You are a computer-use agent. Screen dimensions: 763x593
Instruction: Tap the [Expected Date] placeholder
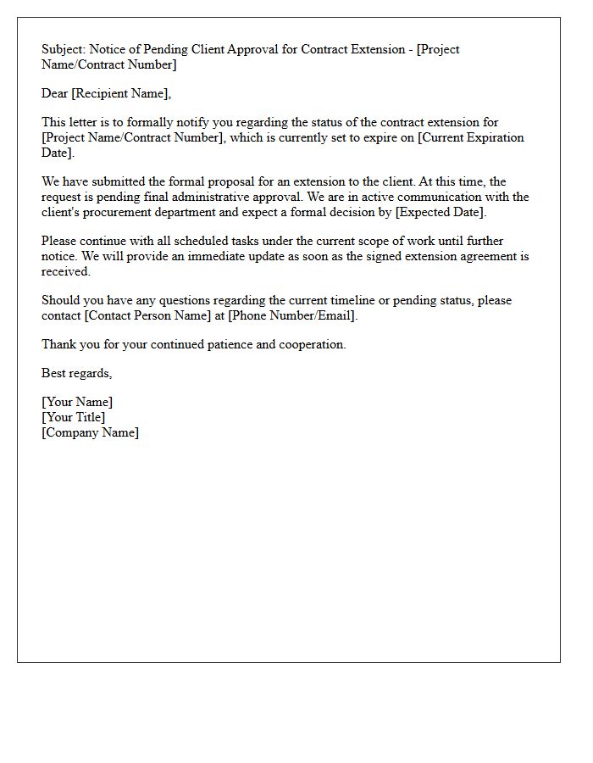(x=441, y=212)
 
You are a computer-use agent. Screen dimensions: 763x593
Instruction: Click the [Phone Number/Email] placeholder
(x=293, y=315)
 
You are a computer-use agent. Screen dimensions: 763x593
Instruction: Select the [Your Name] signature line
(x=77, y=402)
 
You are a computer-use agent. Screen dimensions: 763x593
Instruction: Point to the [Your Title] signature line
(x=74, y=417)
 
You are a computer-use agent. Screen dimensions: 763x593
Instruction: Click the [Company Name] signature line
(x=90, y=432)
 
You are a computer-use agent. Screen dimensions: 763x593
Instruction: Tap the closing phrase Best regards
(x=76, y=373)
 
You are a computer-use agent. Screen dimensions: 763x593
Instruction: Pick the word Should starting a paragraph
(x=61, y=300)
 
